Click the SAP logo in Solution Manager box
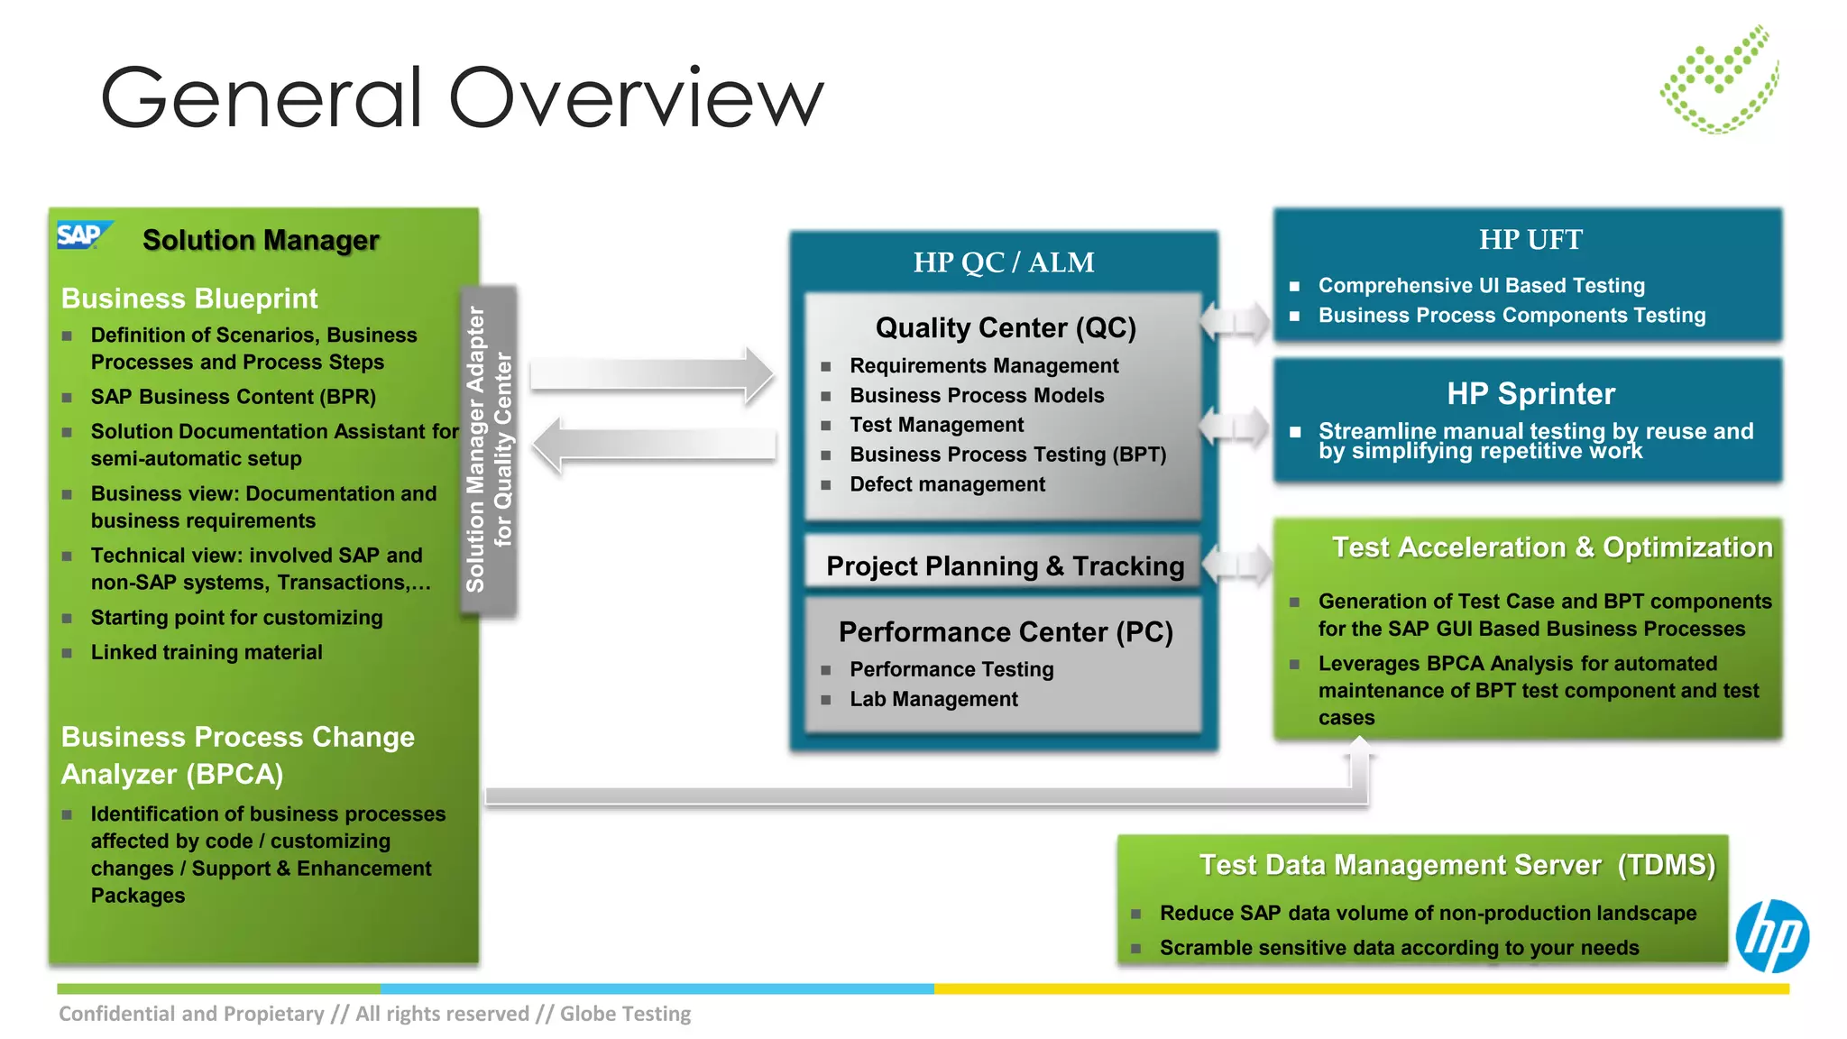tap(84, 235)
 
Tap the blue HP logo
tap(1772, 936)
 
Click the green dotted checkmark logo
tap(1719, 80)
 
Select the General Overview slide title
tap(462, 97)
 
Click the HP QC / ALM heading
tap(1003, 262)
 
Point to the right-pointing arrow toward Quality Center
tap(651, 374)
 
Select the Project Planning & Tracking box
tap(1004, 566)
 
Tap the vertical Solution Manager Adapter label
tap(488, 449)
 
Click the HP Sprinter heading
tap(1530, 394)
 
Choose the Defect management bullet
tap(946, 484)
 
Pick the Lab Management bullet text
tap(933, 699)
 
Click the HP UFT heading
tap(1530, 240)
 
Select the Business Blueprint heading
tap(189, 299)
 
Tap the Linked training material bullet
tap(206, 652)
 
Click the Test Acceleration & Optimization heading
tap(1551, 547)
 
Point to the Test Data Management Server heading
tap(1456, 865)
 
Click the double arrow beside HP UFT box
tap(1236, 320)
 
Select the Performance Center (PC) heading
tap(1005, 632)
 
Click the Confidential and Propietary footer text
tap(374, 1014)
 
